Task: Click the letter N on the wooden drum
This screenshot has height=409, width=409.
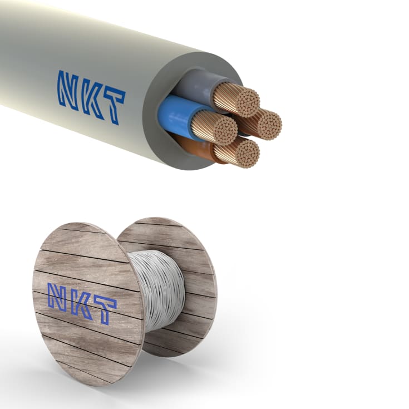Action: click(57, 296)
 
